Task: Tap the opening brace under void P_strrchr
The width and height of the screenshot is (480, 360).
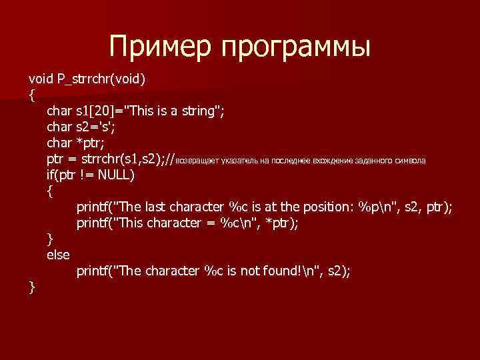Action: point(31,95)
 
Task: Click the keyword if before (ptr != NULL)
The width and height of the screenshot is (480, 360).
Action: point(51,175)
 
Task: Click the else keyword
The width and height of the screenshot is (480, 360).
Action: point(58,254)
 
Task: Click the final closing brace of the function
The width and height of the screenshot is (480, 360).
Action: point(31,287)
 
